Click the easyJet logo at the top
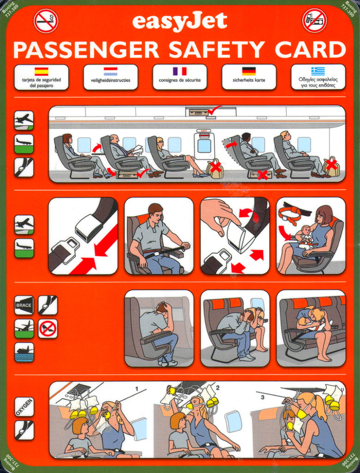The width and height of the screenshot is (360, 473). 180,21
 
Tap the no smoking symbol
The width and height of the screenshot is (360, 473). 46,20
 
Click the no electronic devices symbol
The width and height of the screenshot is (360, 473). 314,20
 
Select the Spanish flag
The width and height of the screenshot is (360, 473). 41,72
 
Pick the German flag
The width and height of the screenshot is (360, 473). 249,71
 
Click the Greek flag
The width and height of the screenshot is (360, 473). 318,71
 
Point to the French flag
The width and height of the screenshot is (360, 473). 180,71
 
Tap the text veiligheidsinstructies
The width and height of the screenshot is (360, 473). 111,80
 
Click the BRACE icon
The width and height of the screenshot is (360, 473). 24,305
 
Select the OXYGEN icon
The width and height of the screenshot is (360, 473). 24,407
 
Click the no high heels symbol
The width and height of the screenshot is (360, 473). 48,328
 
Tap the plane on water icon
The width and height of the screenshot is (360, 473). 24,352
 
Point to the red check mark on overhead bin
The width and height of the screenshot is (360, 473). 214,110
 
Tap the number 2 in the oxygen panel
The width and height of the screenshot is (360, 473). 218,388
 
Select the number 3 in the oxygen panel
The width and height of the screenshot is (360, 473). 262,397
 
